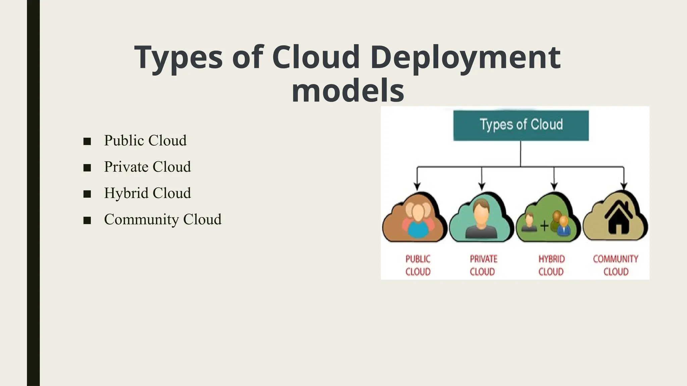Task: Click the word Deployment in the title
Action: click(x=465, y=58)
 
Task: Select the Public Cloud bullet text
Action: click(x=145, y=140)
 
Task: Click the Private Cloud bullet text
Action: click(x=147, y=167)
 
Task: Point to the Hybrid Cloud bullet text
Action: click(x=147, y=193)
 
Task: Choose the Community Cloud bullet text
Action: click(x=163, y=219)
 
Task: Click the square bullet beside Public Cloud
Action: click(x=87, y=141)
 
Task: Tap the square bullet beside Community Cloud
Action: click(x=87, y=220)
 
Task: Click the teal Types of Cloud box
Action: click(x=521, y=125)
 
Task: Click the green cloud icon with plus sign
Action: click(x=547, y=219)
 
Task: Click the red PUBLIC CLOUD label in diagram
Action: click(x=418, y=265)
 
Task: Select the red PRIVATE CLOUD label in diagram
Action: click(x=483, y=265)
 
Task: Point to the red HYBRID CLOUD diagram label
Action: click(x=551, y=265)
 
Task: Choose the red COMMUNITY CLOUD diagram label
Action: click(x=616, y=265)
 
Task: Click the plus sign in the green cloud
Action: click(x=544, y=226)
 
